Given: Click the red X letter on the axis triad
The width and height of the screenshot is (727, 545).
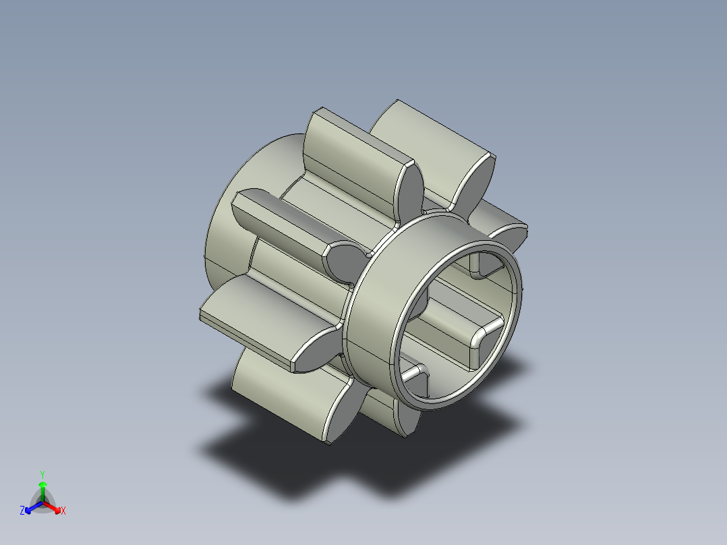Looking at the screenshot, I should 63,511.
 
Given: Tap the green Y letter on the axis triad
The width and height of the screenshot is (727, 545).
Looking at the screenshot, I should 42,474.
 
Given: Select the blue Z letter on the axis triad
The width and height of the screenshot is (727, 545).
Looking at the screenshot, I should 22,511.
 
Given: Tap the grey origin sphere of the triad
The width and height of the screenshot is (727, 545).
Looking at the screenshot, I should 42,502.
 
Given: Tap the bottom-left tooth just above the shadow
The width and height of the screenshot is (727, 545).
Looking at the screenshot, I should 283,398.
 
